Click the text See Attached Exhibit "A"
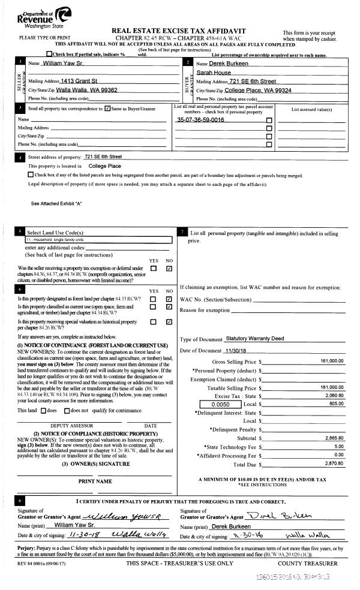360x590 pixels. point(56,204)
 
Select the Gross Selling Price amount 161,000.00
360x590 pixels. point(331,361)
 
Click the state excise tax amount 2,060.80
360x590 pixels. point(334,396)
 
